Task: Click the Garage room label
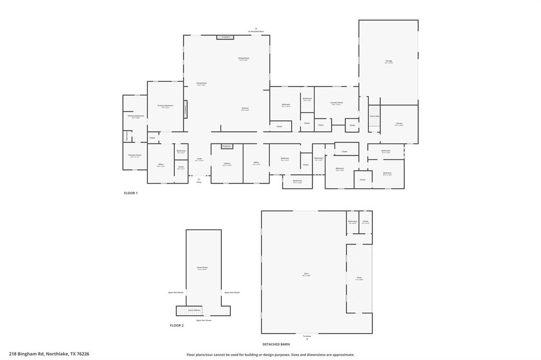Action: [x=388, y=62]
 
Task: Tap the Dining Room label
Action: [x=244, y=59]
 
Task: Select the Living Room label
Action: [x=201, y=83]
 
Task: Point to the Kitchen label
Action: [x=245, y=109]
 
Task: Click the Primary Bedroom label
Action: [x=165, y=106]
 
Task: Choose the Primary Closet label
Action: [x=135, y=156]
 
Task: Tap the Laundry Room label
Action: [x=337, y=103]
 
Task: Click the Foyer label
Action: [x=199, y=159]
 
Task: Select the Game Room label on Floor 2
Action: [x=202, y=268]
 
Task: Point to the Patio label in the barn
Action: [x=359, y=278]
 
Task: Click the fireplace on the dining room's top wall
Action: [x=226, y=37]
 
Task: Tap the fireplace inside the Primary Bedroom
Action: [x=185, y=109]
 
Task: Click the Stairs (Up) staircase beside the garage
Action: [x=374, y=120]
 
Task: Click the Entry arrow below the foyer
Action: [x=199, y=180]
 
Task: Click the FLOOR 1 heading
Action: [x=130, y=193]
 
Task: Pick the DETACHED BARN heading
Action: [x=276, y=344]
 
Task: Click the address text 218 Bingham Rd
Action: [x=49, y=354]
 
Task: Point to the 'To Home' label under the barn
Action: [x=307, y=337]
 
